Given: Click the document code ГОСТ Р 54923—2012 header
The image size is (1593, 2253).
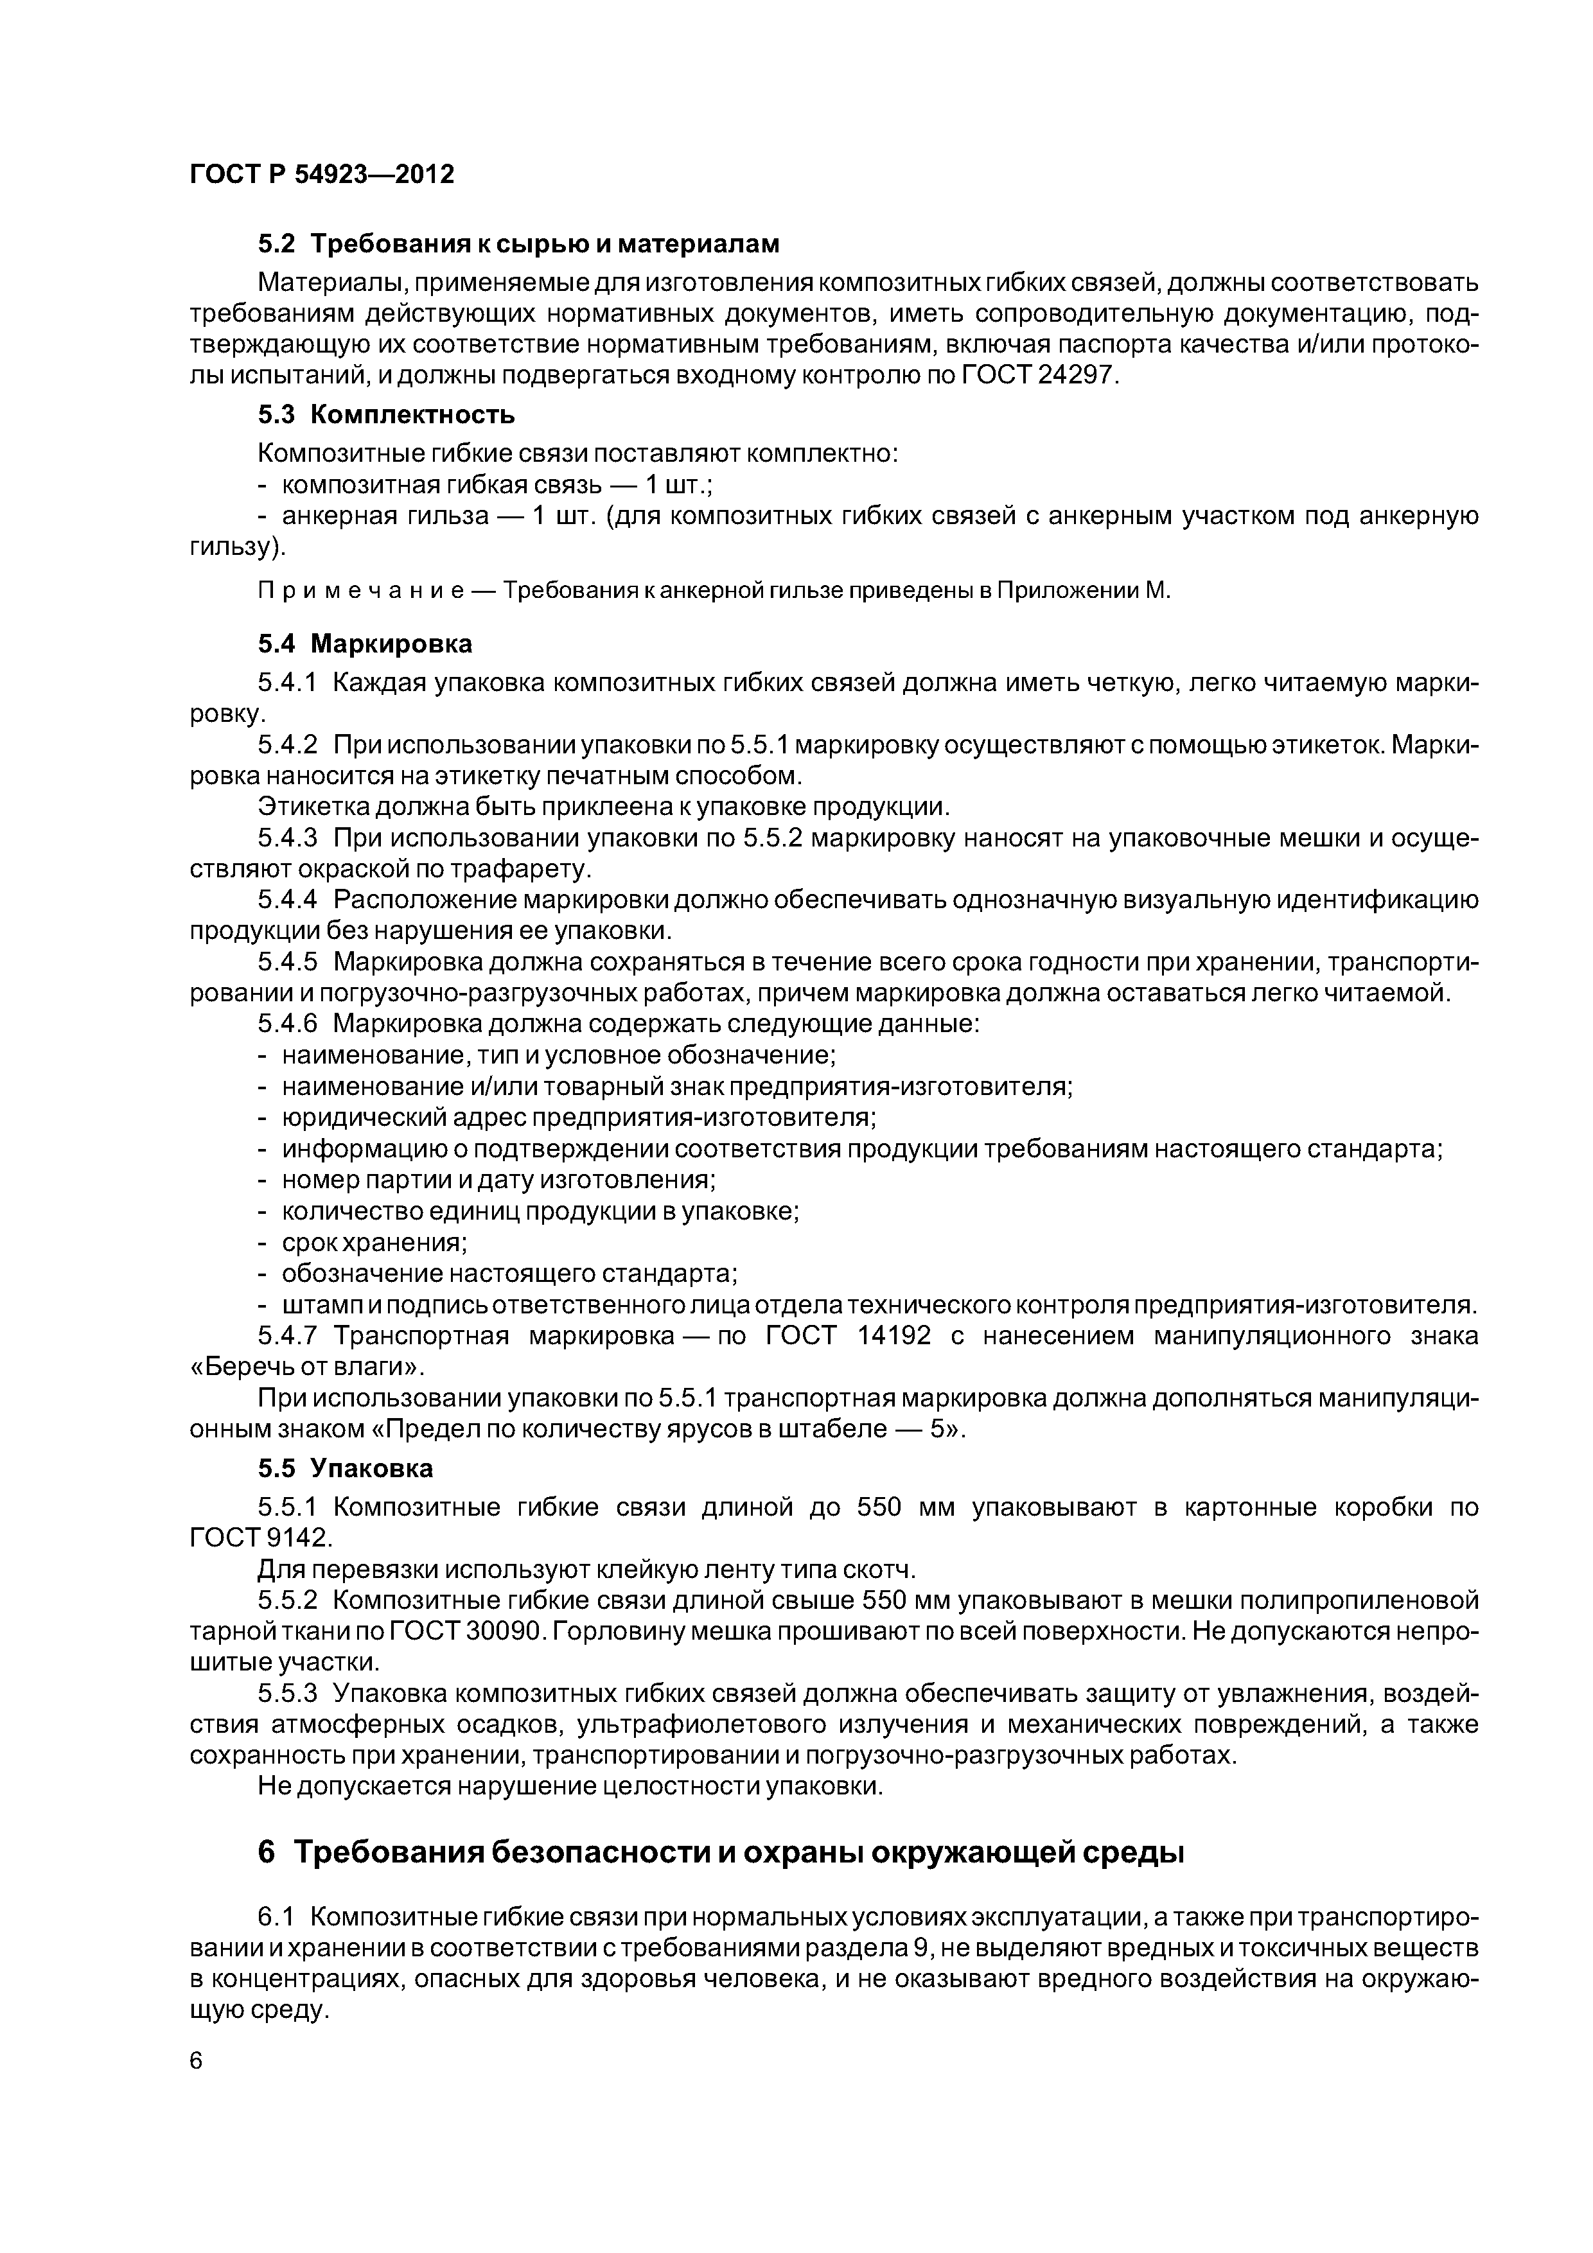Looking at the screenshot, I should [321, 175].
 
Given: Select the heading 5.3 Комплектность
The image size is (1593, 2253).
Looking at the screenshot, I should [386, 414].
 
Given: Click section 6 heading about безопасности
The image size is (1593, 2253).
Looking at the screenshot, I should [721, 1853].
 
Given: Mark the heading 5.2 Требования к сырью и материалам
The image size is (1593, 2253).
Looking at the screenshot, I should [518, 243].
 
